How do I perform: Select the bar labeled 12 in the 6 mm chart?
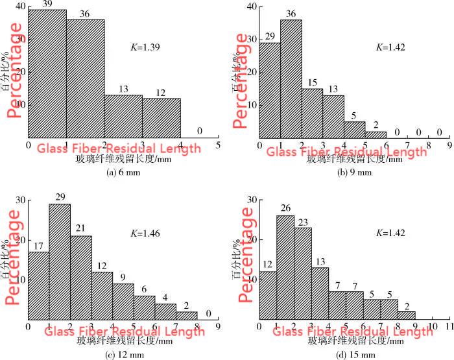point(161,117)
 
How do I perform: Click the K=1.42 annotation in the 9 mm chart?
point(390,47)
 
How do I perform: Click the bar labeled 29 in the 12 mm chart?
point(60,261)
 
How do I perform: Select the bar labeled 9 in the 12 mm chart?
point(123,302)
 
